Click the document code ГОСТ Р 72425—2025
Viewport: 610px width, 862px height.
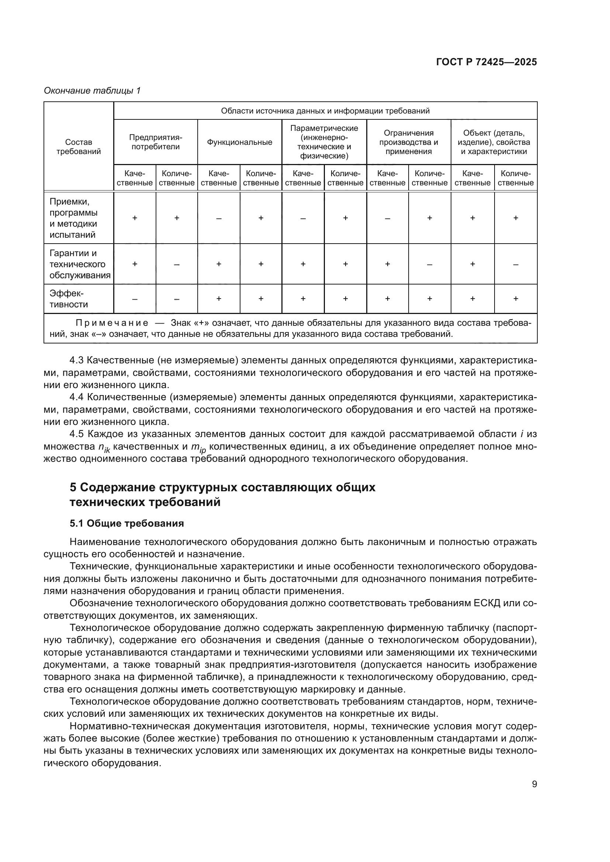486,62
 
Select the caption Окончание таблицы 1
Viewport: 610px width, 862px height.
92,91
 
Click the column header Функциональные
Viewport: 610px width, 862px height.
240,142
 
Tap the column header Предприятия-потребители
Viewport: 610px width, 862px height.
156,142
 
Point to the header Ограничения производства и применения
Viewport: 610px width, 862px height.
409,142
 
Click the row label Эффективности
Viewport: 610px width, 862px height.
69,299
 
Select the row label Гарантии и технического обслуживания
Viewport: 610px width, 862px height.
80,264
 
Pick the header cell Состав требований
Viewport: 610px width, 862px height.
79,147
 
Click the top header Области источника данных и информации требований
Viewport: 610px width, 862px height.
325,111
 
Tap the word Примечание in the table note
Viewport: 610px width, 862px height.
112,323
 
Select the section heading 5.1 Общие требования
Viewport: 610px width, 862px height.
126,523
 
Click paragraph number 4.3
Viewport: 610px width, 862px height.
77,360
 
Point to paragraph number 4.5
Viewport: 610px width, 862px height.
77,434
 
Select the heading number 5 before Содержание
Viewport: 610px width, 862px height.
73,487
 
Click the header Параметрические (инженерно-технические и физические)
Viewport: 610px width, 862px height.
324,142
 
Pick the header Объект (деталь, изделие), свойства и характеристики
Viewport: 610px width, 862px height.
493,142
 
